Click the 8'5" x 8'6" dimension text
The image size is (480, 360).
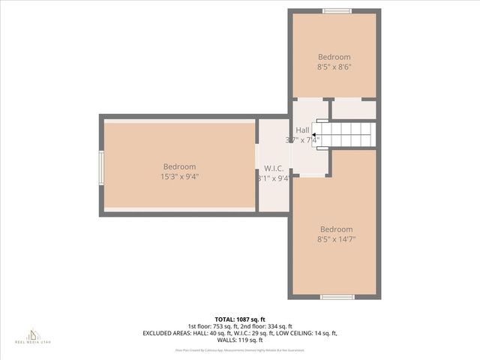334,67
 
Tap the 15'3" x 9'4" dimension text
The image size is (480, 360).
179,177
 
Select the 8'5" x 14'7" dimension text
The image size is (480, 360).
336,239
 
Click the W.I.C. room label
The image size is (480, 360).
273,168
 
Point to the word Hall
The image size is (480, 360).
302,130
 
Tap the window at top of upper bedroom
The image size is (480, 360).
337,11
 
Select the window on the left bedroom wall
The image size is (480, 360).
101,167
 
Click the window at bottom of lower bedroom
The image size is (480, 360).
337,297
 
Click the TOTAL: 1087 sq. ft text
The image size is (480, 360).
240,319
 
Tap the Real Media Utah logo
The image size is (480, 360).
33,335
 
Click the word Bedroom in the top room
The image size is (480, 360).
334,57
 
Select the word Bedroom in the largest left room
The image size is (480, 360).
179,166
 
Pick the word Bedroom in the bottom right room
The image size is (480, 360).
336,229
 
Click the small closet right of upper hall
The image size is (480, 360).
353,109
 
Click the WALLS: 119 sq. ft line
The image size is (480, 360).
240,340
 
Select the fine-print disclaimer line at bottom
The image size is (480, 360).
240,350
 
